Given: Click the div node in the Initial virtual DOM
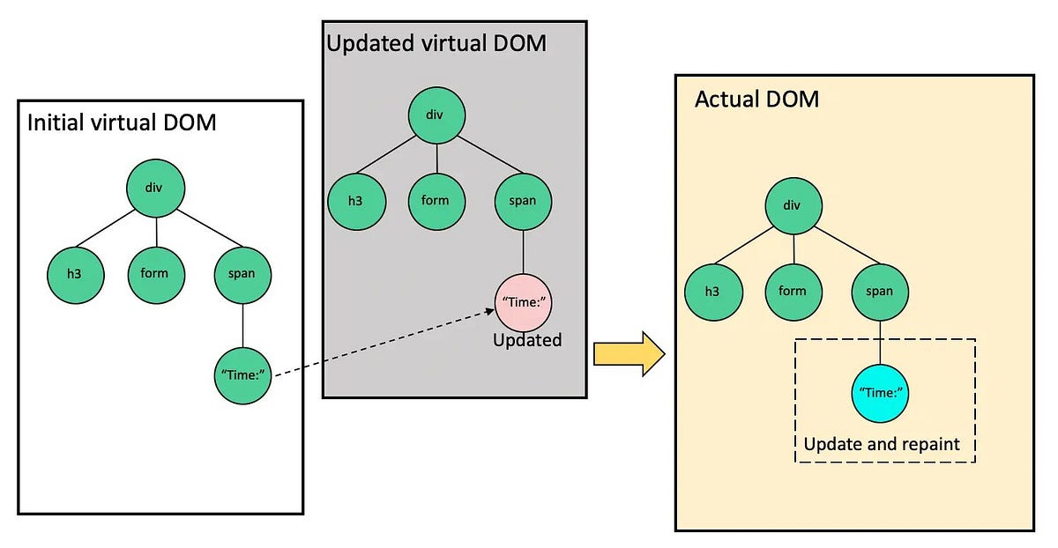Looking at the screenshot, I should click(156, 187).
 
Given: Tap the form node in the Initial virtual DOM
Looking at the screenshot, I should click(156, 273).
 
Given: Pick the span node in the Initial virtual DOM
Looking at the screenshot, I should click(242, 273).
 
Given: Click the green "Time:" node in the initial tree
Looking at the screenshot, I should click(242, 375).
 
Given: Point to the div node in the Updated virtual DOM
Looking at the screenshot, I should click(436, 114).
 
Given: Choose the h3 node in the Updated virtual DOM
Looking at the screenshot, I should click(354, 200).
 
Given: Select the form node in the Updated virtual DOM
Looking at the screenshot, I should click(436, 200).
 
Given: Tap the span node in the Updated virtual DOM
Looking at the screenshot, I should click(524, 200).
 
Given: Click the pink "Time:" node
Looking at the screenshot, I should click(525, 302).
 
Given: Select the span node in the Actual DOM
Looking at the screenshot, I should click(879, 292).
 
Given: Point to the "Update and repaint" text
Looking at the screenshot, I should click(881, 444).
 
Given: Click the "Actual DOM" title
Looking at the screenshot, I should click(756, 100).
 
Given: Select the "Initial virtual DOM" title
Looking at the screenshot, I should click(122, 122).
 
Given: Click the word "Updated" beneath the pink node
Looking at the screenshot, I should click(527, 340).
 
